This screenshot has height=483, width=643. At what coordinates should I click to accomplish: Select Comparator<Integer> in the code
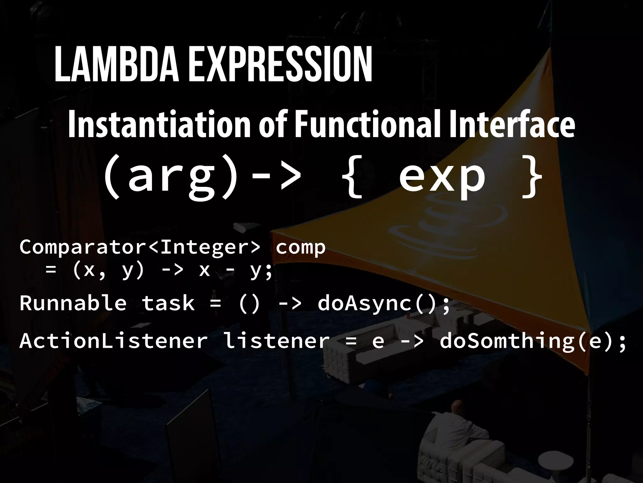pos(140,247)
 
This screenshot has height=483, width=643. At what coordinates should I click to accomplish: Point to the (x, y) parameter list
pos(108,270)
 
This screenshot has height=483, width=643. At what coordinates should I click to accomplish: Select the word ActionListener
pos(113,341)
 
